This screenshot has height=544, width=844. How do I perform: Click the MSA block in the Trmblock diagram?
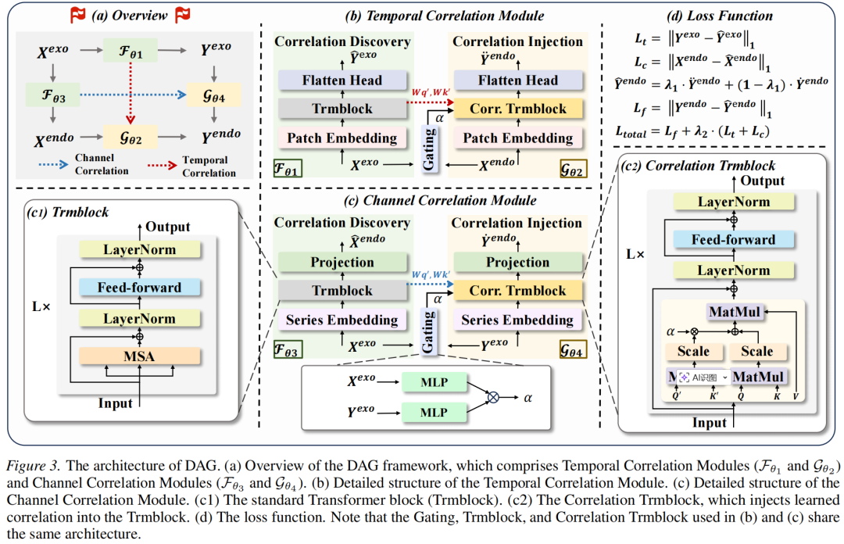[x=139, y=356]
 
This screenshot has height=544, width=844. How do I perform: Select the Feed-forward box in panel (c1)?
[x=139, y=287]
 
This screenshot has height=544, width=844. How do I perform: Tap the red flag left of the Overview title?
[x=78, y=15]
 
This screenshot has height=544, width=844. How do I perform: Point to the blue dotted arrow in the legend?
[x=53, y=164]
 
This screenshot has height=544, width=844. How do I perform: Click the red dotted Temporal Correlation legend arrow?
[x=162, y=166]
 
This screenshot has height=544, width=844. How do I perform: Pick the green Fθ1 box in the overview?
[x=131, y=51]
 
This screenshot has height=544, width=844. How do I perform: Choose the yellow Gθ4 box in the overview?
[x=213, y=95]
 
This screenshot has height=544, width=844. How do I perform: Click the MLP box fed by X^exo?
[x=434, y=382]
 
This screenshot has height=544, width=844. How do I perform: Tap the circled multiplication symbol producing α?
[x=493, y=398]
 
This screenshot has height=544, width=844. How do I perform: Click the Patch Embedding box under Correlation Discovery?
[x=342, y=138]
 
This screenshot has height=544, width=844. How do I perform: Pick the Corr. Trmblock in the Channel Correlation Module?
[x=518, y=290]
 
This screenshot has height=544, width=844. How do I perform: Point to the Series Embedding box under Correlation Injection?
[x=518, y=320]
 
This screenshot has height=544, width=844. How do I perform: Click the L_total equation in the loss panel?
[x=692, y=131]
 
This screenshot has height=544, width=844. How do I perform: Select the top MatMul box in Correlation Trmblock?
[x=735, y=312]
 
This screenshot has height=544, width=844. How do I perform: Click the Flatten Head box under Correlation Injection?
[x=518, y=81]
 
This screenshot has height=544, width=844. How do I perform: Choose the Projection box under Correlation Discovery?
[x=342, y=263]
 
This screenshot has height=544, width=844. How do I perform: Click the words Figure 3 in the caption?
[x=32, y=465]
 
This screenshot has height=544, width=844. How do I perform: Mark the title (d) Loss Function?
[x=720, y=16]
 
